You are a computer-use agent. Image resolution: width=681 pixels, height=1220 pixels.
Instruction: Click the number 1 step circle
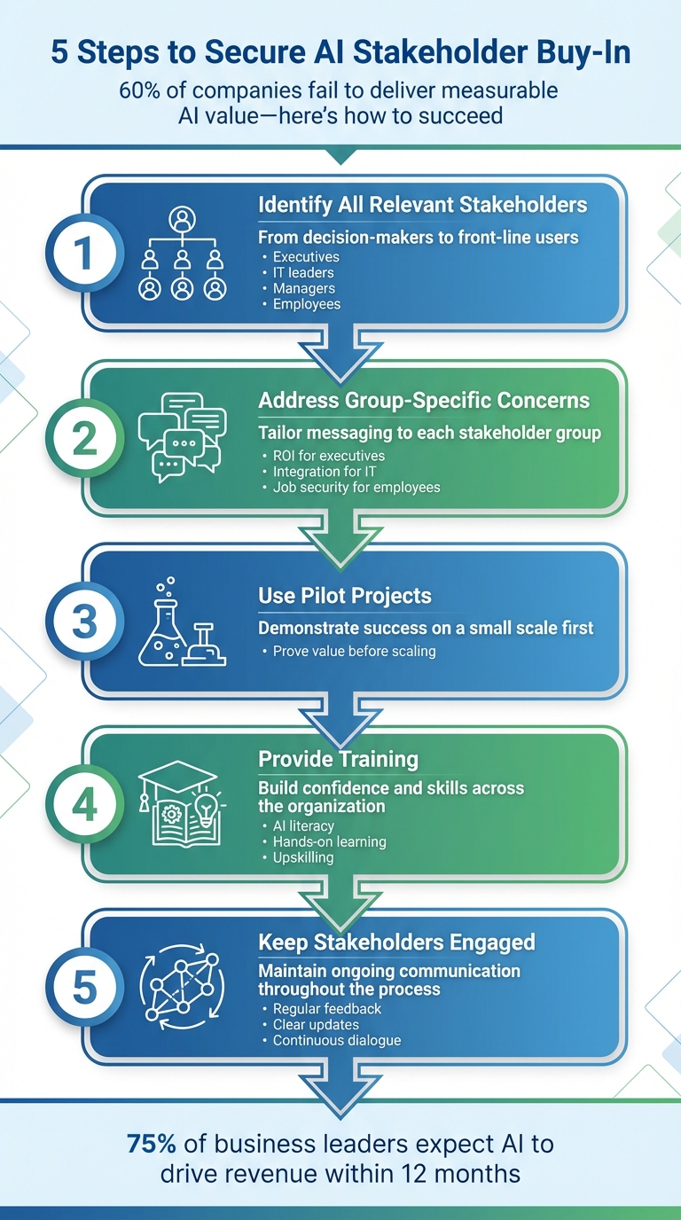(84, 254)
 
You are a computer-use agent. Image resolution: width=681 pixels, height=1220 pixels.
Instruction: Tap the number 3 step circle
(84, 621)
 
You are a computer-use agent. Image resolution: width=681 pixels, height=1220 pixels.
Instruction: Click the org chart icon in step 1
(182, 254)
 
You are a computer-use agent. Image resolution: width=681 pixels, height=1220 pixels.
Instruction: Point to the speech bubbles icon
(182, 436)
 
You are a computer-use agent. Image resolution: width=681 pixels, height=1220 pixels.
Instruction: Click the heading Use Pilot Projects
(344, 596)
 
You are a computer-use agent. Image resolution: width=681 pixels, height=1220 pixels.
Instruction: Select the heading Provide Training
(338, 759)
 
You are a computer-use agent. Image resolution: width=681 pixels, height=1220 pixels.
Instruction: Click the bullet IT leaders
(303, 273)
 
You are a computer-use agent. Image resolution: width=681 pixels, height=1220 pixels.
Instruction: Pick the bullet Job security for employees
(356, 487)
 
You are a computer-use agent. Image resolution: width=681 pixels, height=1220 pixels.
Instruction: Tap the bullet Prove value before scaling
(354, 652)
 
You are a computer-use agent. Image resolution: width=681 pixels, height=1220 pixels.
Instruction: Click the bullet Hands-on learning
(329, 841)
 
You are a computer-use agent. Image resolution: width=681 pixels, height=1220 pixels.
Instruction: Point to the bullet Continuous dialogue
(337, 1040)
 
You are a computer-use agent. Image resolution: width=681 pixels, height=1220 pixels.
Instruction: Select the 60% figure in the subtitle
(142, 90)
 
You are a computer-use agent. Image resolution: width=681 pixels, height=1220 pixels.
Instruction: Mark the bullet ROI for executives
(328, 456)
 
